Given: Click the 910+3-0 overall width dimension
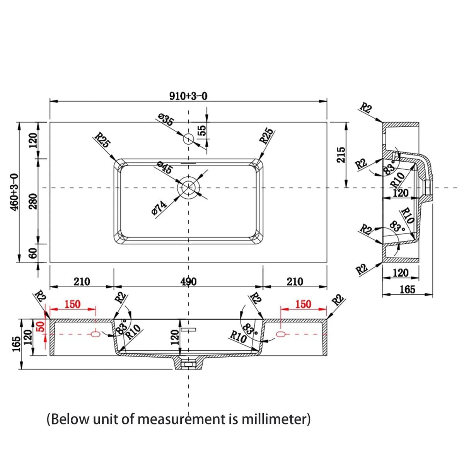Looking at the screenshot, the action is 188,96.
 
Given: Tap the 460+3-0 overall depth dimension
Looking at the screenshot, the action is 15,192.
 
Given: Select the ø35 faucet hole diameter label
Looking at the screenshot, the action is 165,119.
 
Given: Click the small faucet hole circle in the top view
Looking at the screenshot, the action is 188,139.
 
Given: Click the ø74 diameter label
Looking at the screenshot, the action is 159,208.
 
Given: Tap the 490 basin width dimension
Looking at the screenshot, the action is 188,282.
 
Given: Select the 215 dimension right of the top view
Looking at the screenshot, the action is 341,155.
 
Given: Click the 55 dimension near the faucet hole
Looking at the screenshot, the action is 203,130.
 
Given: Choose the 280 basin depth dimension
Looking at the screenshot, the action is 33,201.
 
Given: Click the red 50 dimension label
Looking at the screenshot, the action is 41,327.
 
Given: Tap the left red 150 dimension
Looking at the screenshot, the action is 72,304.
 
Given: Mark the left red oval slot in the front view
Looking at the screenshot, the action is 96,334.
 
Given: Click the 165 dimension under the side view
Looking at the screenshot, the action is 408,290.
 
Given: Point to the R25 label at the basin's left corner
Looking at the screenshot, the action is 102,140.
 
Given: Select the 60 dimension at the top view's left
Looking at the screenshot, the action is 33,253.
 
